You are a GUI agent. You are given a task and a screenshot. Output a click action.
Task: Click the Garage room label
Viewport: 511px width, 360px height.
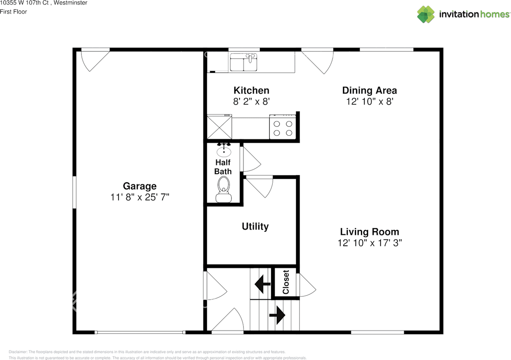[x=139, y=186]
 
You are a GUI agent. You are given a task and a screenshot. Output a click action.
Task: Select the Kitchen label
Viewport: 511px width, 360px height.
[x=251, y=91]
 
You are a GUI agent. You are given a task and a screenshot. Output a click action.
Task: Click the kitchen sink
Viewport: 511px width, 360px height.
[x=244, y=62]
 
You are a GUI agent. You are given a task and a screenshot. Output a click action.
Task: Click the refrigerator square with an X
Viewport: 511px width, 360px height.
[x=219, y=127]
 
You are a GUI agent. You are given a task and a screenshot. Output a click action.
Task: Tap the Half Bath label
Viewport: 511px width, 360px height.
[x=223, y=167]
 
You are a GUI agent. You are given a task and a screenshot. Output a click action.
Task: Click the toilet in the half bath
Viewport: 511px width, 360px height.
[x=224, y=190]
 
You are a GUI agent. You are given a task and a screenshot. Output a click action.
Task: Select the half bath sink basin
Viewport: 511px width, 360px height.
[x=224, y=152]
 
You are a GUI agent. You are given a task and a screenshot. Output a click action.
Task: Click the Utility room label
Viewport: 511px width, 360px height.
[x=255, y=227]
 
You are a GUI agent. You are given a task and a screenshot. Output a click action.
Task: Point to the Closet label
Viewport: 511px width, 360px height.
[x=286, y=282]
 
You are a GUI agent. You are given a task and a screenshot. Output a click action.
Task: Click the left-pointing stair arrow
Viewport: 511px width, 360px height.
[x=262, y=284]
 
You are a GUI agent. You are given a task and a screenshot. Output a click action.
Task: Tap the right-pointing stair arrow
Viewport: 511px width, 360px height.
[x=277, y=315]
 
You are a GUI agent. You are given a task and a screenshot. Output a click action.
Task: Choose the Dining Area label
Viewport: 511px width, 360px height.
[x=369, y=91]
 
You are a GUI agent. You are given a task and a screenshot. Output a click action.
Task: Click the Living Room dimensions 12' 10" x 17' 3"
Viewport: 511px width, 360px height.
[x=369, y=243]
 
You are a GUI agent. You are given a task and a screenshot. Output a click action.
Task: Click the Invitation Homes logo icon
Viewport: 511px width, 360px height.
[x=426, y=14]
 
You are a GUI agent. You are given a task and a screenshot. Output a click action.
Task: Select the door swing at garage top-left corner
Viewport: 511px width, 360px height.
[x=94, y=60]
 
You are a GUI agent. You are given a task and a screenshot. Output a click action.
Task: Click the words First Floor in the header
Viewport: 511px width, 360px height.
[x=14, y=12]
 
